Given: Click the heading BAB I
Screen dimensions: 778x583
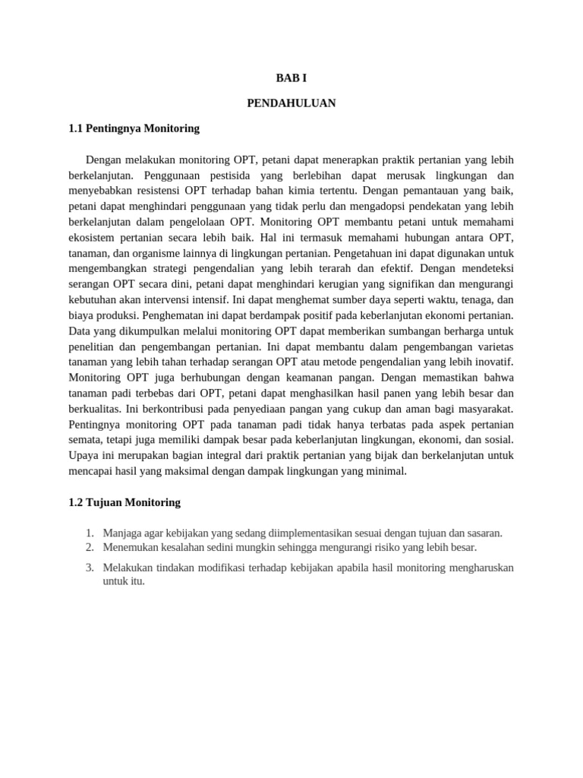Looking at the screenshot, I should [291, 78].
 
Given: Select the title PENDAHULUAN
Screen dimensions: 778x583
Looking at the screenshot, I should [291, 103].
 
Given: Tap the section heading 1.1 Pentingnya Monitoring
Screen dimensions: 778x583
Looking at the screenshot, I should [134, 128].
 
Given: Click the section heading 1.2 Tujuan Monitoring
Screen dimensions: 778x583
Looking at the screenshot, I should [124, 502].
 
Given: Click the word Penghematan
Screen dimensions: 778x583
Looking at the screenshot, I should [149, 315].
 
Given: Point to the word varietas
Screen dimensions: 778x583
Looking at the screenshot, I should [492, 346].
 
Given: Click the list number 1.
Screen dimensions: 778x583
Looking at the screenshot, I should [89, 533].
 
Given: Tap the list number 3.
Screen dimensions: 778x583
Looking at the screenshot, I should [89, 568].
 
